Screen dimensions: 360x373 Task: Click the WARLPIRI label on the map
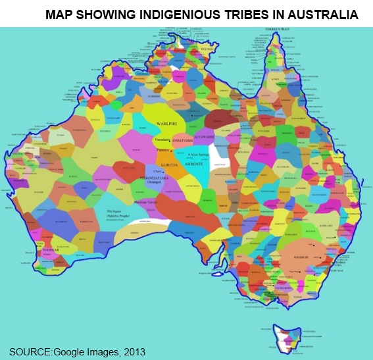click(168, 123)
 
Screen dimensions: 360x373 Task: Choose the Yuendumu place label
click(162, 140)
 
